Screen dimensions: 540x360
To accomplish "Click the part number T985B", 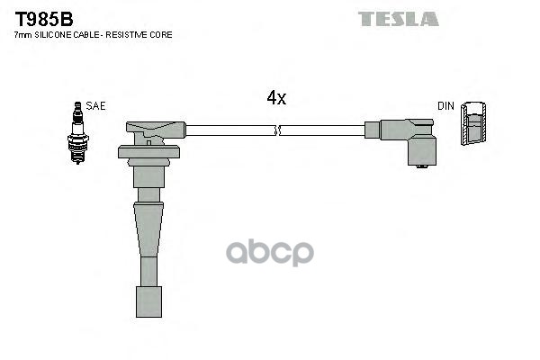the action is [x=44, y=19].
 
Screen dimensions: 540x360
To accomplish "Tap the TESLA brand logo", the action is [x=398, y=19].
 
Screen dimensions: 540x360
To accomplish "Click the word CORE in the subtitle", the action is [x=164, y=35].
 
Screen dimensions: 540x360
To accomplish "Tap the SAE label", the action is [x=95, y=106].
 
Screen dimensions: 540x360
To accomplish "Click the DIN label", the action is [x=445, y=106].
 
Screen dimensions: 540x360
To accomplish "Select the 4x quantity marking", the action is [x=276, y=98].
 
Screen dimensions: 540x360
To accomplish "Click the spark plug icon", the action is [x=77, y=132].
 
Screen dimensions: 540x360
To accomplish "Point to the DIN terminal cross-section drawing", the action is [x=473, y=123].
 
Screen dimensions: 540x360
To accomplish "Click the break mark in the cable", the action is [x=277, y=130].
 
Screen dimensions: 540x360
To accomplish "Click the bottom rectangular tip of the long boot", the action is [x=148, y=301].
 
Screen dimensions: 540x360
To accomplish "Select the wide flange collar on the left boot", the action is [x=148, y=152].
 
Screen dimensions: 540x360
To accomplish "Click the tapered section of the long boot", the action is [x=148, y=229].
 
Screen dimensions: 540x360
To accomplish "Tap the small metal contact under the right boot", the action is [x=422, y=166].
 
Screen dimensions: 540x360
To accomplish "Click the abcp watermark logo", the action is [x=270, y=253].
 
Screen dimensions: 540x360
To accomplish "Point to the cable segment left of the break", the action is [x=230, y=130].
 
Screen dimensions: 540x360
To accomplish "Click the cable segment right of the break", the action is [x=322, y=130].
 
